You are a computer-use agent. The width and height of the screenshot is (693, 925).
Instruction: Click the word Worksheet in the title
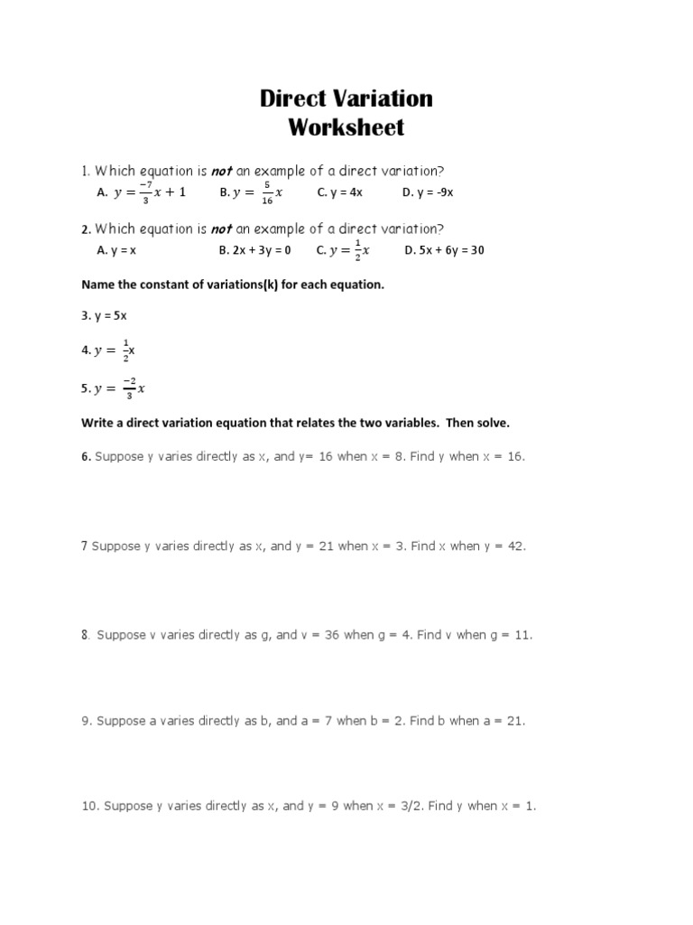tap(346, 127)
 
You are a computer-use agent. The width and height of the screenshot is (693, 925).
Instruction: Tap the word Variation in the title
tap(383, 98)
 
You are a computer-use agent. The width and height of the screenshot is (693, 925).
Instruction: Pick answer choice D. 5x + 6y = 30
tap(444, 250)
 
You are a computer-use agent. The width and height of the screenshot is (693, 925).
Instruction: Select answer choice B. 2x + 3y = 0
tap(255, 250)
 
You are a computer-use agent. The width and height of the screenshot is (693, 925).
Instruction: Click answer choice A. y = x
tap(115, 250)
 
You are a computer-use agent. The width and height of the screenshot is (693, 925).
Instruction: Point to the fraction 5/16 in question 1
tap(267, 192)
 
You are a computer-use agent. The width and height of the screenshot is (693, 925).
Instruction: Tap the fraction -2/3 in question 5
tap(129, 388)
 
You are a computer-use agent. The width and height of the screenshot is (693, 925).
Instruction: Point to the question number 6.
tap(86, 456)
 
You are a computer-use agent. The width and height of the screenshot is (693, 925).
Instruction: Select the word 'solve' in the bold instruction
tap(492, 423)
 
